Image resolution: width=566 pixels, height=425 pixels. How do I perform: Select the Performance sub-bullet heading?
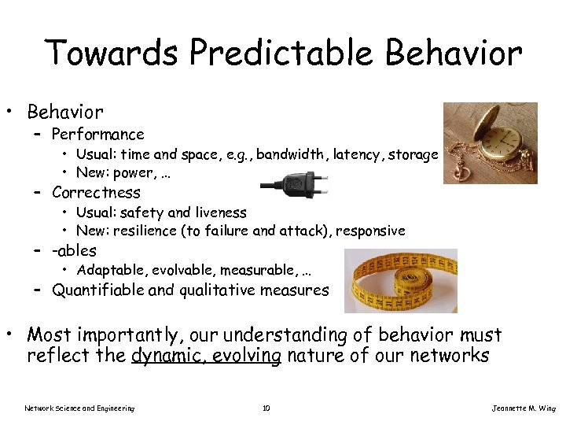pyautogui.click(x=97, y=134)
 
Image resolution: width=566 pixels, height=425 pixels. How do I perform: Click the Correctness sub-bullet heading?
pyautogui.click(x=96, y=192)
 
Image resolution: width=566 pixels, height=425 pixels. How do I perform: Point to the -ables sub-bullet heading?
pyautogui.click(x=74, y=250)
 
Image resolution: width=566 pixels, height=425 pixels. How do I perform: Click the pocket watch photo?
pyautogui.click(x=490, y=143)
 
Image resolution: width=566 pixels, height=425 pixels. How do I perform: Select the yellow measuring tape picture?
pyautogui.click(x=400, y=281)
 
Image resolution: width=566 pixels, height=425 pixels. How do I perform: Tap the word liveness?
pyautogui.click(x=219, y=213)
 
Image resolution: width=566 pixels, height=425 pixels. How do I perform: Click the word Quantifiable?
pyautogui.click(x=97, y=290)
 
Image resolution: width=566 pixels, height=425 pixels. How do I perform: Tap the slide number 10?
pyautogui.click(x=266, y=408)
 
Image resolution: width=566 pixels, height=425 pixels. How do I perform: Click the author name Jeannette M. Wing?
pyautogui.click(x=523, y=408)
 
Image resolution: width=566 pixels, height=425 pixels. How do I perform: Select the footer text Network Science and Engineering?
pyautogui.click(x=79, y=408)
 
